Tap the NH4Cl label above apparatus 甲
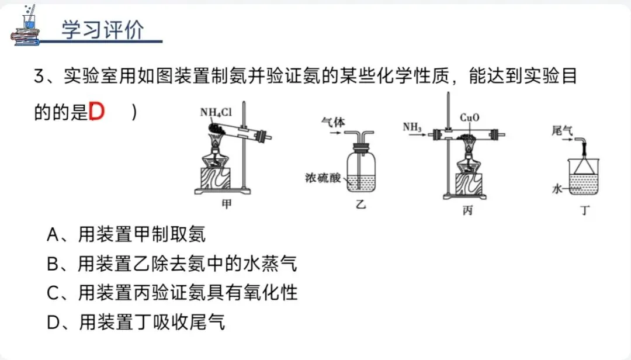click(x=215, y=112)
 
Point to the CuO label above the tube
click(x=469, y=117)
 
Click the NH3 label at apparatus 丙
click(x=412, y=125)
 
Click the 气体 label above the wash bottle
click(x=333, y=122)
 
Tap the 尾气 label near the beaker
click(x=561, y=131)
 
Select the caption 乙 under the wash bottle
click(x=360, y=205)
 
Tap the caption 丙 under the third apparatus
click(x=467, y=210)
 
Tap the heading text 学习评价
click(x=102, y=30)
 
